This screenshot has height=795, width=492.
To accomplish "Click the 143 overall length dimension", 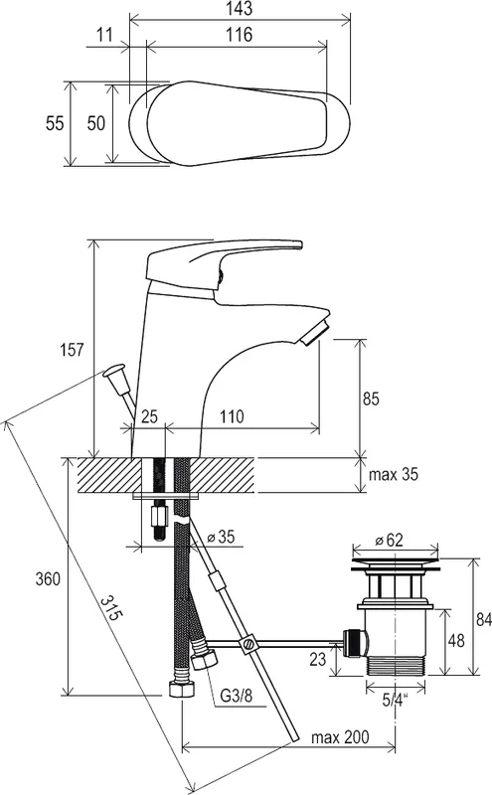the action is tap(240, 8).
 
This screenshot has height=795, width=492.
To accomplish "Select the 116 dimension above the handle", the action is tap(239, 35).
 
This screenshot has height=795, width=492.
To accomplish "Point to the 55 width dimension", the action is tap(55, 123).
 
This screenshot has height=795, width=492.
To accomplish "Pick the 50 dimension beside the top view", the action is tap(95, 123).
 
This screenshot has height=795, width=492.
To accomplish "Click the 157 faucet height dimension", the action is tap(71, 350).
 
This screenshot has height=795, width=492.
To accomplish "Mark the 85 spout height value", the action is tap(371, 399).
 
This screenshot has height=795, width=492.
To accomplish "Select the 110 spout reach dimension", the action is tap(232, 416).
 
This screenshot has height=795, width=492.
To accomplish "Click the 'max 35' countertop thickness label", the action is tap(394, 475).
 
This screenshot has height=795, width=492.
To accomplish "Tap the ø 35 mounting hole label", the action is tap(221, 537).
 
